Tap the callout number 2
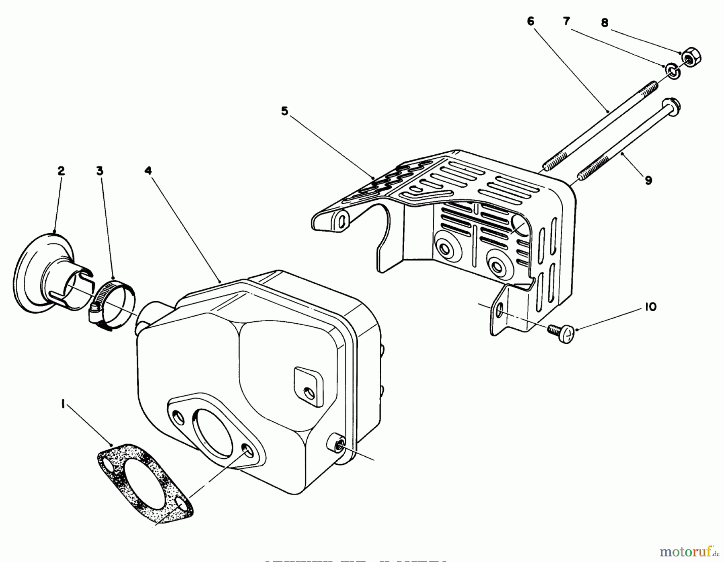61,171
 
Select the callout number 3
100,171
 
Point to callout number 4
148,171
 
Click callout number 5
285,111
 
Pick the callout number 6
531,21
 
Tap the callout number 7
567,21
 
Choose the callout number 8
605,23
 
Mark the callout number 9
648,180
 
